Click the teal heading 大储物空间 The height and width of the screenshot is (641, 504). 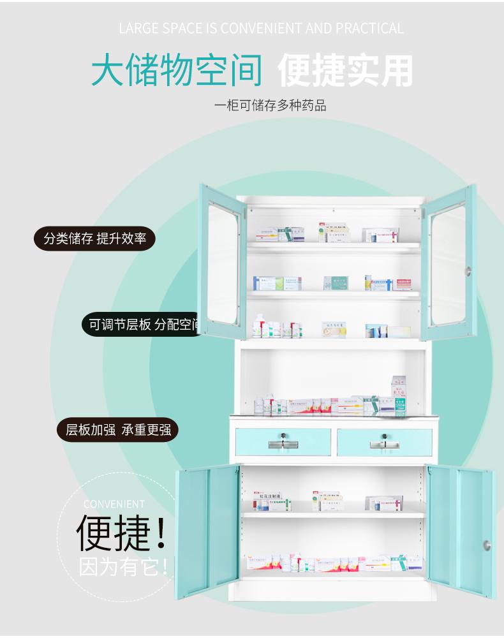pos(177,70)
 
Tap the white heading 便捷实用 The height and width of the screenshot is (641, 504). pos(345,70)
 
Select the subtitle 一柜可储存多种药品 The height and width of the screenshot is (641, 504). pos(270,105)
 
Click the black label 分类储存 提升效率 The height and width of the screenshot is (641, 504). pos(95,239)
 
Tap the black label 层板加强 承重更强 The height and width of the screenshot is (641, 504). pos(119,429)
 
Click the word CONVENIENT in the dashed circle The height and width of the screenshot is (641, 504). pos(114,504)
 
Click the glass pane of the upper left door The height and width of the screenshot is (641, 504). pos(223,265)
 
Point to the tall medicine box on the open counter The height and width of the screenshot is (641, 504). pos(398,395)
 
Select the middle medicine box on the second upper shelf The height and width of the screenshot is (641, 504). pos(336,283)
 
